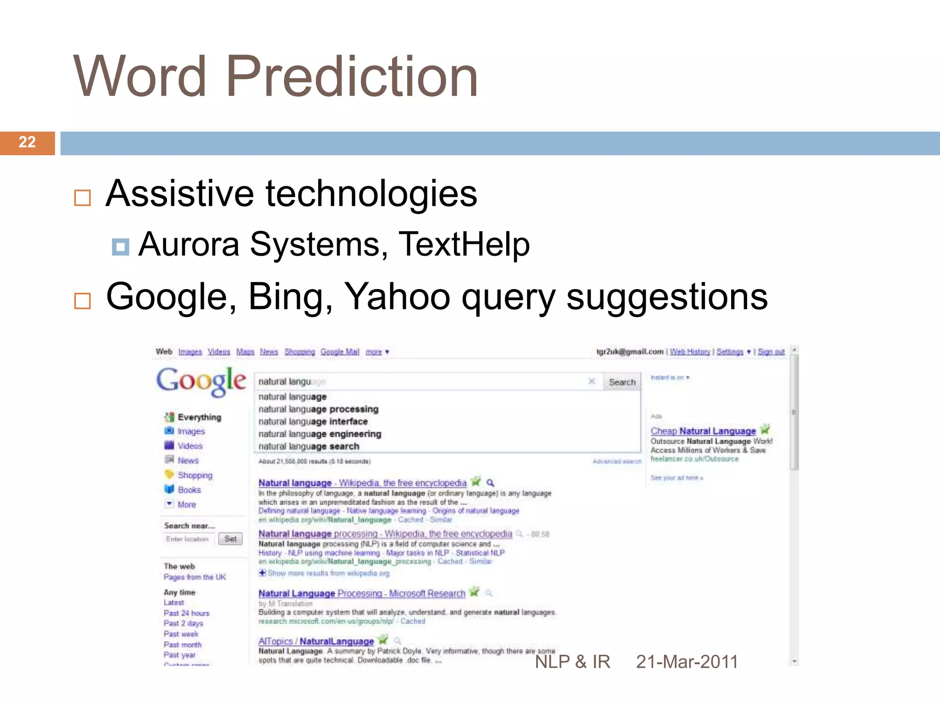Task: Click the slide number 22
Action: [x=27, y=142]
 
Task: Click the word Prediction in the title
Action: [x=352, y=77]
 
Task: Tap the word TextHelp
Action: [x=464, y=244]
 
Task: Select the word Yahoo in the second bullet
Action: [x=397, y=297]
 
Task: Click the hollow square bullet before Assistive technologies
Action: [x=83, y=198]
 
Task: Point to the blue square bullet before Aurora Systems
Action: [x=120, y=247]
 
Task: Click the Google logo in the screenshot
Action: [x=201, y=381]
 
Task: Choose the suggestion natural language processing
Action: [x=318, y=409]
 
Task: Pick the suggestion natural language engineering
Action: [x=319, y=434]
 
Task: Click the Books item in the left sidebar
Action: [x=189, y=490]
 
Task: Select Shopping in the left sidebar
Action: [x=195, y=475]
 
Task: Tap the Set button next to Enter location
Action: [x=230, y=539]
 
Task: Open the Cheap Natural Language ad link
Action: [x=703, y=431]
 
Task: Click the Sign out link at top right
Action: [x=771, y=352]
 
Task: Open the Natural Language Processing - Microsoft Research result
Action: [x=361, y=593]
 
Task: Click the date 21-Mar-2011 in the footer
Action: [x=687, y=662]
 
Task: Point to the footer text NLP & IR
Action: [x=572, y=662]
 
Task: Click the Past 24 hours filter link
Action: [x=186, y=613]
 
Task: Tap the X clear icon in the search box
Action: [x=592, y=381]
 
